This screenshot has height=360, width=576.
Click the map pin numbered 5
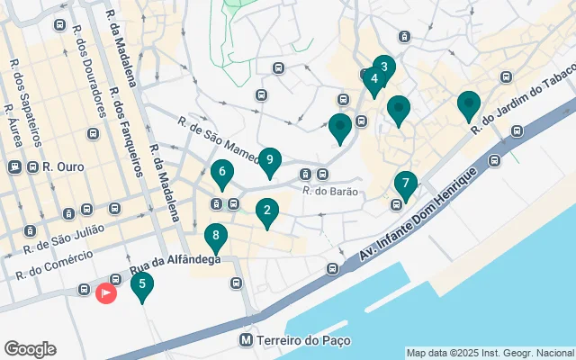141,285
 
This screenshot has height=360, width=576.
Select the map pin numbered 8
215,238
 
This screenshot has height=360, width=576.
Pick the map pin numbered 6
221,171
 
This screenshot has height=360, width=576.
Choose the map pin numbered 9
270,160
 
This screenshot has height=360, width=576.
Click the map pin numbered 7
406,184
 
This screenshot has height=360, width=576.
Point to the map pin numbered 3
384,67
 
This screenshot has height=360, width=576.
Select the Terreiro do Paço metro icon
246,341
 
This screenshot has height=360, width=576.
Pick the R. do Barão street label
331,191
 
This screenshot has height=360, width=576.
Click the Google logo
30,349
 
